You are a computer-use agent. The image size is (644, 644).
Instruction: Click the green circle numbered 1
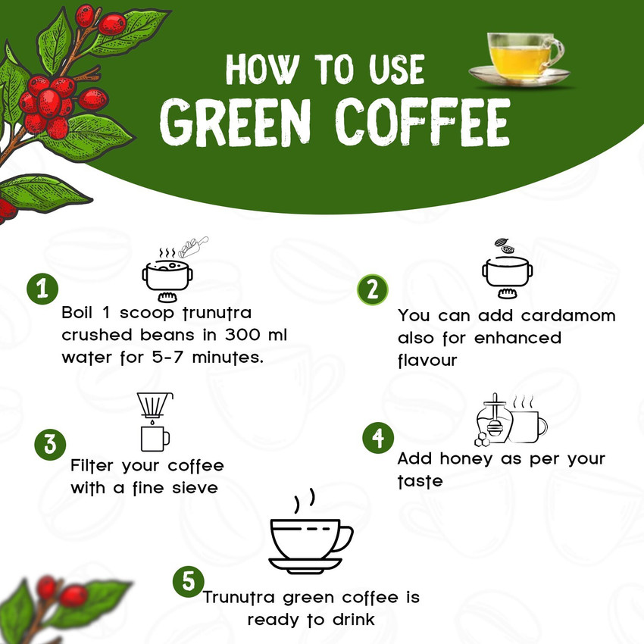tap(42, 289)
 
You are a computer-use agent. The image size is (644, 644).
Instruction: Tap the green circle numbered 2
tap(373, 290)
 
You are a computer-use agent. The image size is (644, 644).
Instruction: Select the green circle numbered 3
tap(50, 445)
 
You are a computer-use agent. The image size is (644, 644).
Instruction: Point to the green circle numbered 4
tap(378, 438)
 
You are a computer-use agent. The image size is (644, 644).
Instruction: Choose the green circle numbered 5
tap(189, 582)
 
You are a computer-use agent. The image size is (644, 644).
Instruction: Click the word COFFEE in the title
tap(423, 123)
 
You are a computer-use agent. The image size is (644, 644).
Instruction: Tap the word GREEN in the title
tap(236, 123)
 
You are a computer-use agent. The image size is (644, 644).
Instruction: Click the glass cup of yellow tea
tap(520, 59)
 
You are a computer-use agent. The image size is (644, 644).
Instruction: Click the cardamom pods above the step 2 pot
tap(505, 245)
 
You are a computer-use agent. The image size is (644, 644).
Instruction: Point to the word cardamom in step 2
tap(568, 316)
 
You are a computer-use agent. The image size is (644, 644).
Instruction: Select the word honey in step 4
tap(466, 459)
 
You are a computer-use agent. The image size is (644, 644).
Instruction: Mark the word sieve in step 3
tap(195, 488)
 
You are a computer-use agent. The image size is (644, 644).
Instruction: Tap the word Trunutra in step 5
tap(239, 598)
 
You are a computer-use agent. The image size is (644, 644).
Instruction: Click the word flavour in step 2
tap(427, 360)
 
